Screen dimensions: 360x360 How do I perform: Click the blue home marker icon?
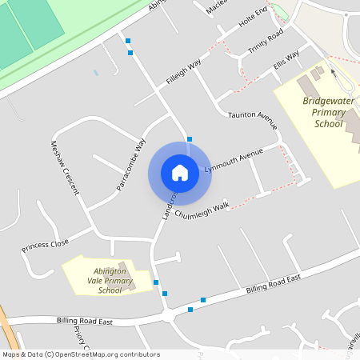[x=180, y=173]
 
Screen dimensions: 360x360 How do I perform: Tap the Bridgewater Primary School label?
[x=324, y=113]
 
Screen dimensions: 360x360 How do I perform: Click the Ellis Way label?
[x=286, y=59]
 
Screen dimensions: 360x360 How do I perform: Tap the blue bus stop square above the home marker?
[x=190, y=139]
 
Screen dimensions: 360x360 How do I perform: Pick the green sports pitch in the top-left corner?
[x=32, y=28]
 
